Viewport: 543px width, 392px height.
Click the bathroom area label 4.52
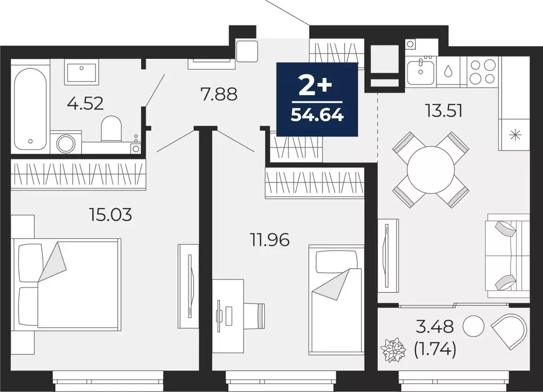click(x=85, y=103)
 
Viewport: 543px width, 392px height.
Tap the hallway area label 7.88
click(x=218, y=95)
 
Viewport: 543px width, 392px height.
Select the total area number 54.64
click(x=317, y=114)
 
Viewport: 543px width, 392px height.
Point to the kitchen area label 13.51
click(x=444, y=111)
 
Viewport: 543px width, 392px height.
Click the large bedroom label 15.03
click(x=110, y=215)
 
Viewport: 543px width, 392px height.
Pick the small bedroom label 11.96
click(x=270, y=240)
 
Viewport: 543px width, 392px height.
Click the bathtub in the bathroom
click(x=30, y=109)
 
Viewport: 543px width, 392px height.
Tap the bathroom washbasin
click(x=81, y=72)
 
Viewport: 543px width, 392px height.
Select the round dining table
click(x=431, y=170)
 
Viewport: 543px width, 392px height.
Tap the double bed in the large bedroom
click(x=69, y=283)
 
